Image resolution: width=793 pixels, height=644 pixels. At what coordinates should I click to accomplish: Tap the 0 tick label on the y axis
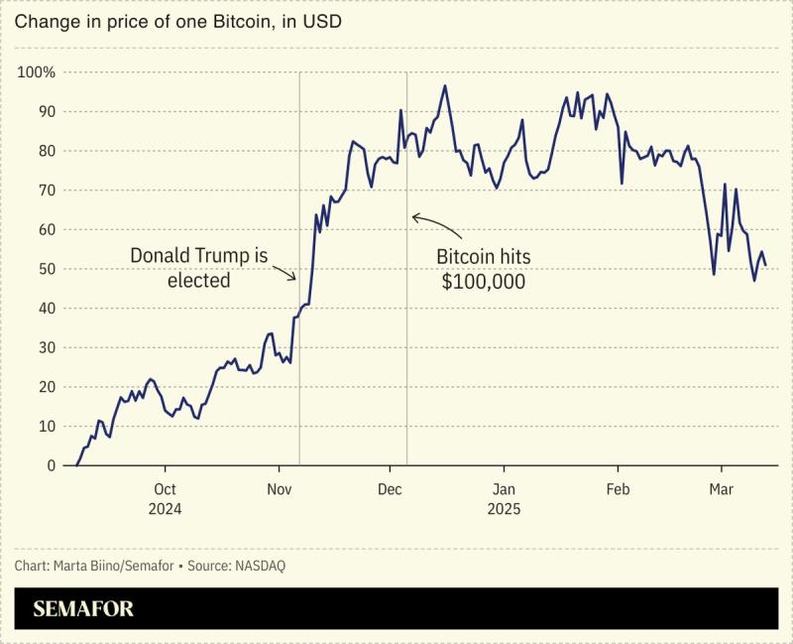pos(52,465)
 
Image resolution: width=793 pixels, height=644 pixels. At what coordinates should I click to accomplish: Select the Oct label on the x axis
pos(166,489)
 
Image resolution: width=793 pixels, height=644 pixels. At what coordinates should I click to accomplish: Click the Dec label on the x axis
pos(391,489)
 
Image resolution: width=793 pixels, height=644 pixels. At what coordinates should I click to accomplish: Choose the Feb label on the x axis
pos(618,489)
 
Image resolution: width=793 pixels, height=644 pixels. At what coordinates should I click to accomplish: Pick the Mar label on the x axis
pos(721,489)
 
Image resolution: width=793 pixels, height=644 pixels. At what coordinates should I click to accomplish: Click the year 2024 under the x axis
pos(166,508)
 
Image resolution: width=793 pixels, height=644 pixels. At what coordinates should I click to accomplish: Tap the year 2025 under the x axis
pos(504,508)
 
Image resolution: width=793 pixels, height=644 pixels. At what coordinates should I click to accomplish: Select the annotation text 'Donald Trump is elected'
pos(199,268)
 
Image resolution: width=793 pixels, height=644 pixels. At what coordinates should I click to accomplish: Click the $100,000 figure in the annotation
pos(483,282)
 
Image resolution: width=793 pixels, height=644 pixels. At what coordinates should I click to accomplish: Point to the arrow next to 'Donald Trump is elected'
pos(284,270)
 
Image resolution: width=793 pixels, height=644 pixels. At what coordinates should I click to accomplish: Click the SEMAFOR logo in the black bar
pos(83,608)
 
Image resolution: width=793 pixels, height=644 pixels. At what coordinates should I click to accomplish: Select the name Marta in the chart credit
pos(76,566)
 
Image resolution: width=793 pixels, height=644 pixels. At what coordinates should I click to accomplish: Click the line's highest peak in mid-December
pos(445,85)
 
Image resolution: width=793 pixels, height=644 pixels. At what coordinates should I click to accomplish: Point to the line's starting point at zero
pos(77,465)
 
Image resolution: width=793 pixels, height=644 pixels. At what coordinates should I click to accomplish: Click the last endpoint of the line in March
pos(765,265)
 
